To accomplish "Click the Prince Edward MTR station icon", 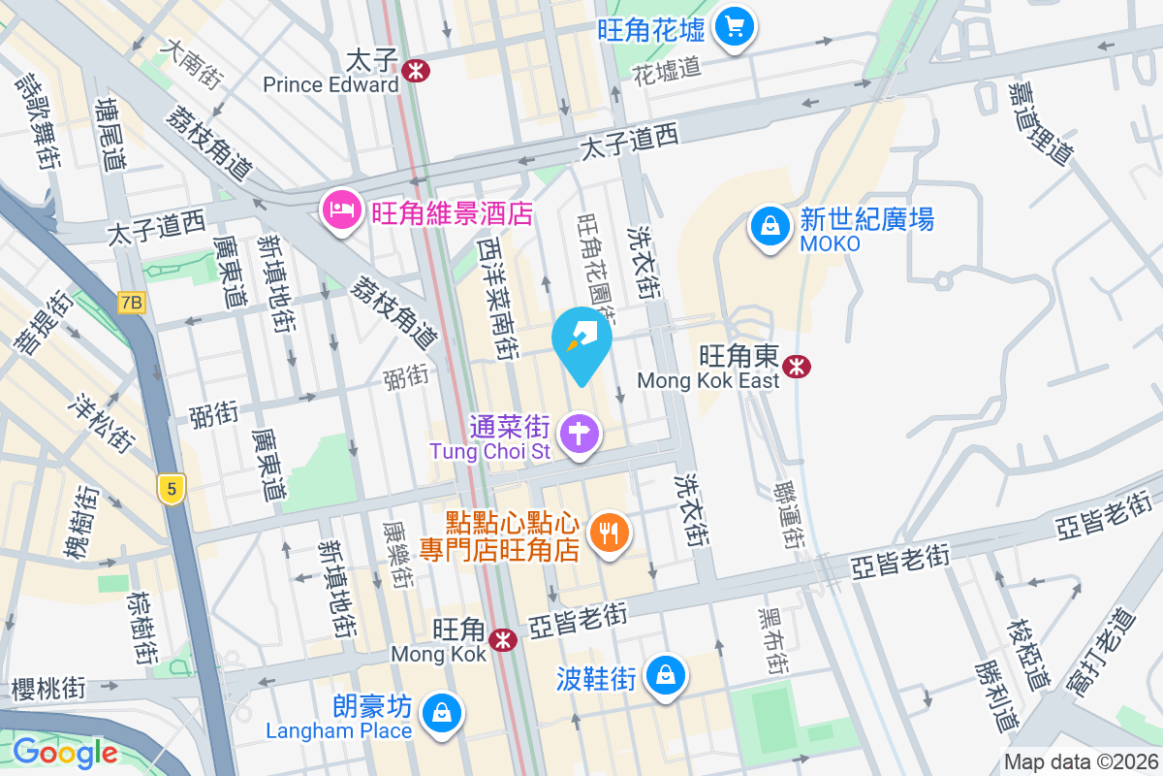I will click(416, 71).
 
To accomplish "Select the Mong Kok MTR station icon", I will click(502, 640).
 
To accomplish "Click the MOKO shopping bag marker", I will click(770, 226).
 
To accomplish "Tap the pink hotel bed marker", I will click(341, 209).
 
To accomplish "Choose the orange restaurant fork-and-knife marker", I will click(609, 533).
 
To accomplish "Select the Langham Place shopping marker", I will click(442, 714).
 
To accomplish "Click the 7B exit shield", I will click(131, 303).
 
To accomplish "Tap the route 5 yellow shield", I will click(172, 489).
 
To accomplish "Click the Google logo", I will click(65, 752).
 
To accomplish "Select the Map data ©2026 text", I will click(1081, 762).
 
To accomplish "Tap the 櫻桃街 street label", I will click(48, 689).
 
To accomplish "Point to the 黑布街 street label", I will click(772, 642).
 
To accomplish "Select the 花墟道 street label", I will click(666, 69).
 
